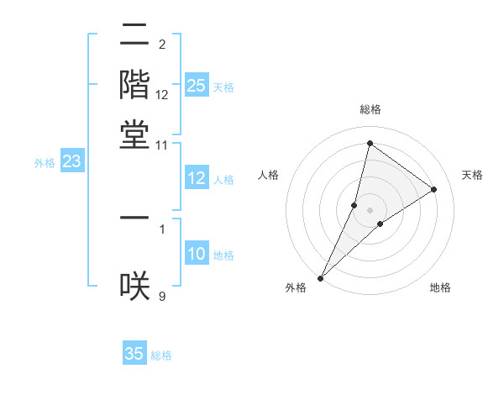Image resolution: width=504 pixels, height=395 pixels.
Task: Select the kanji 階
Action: (x=134, y=86)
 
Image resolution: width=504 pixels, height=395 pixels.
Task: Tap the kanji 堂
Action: (x=134, y=134)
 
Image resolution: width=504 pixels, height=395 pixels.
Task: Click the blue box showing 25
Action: (x=197, y=86)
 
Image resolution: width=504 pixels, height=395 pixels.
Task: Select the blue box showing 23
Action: (x=71, y=162)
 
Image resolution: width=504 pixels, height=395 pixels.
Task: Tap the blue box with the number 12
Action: (x=197, y=178)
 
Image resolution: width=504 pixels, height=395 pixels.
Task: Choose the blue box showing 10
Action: (x=197, y=254)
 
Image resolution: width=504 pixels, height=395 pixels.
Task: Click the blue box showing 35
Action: (x=134, y=354)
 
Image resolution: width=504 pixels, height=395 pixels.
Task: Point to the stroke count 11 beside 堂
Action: (x=162, y=145)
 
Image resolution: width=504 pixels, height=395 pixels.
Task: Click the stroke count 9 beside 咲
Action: (x=162, y=295)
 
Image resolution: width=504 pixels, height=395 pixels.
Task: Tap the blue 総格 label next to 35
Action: (x=161, y=355)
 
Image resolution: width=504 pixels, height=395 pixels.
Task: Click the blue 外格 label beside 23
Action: (x=45, y=163)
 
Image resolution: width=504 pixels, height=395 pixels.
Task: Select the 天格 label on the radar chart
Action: (x=472, y=175)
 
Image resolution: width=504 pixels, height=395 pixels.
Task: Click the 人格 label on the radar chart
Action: (x=268, y=175)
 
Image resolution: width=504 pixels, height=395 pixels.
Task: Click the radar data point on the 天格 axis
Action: (x=434, y=189)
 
